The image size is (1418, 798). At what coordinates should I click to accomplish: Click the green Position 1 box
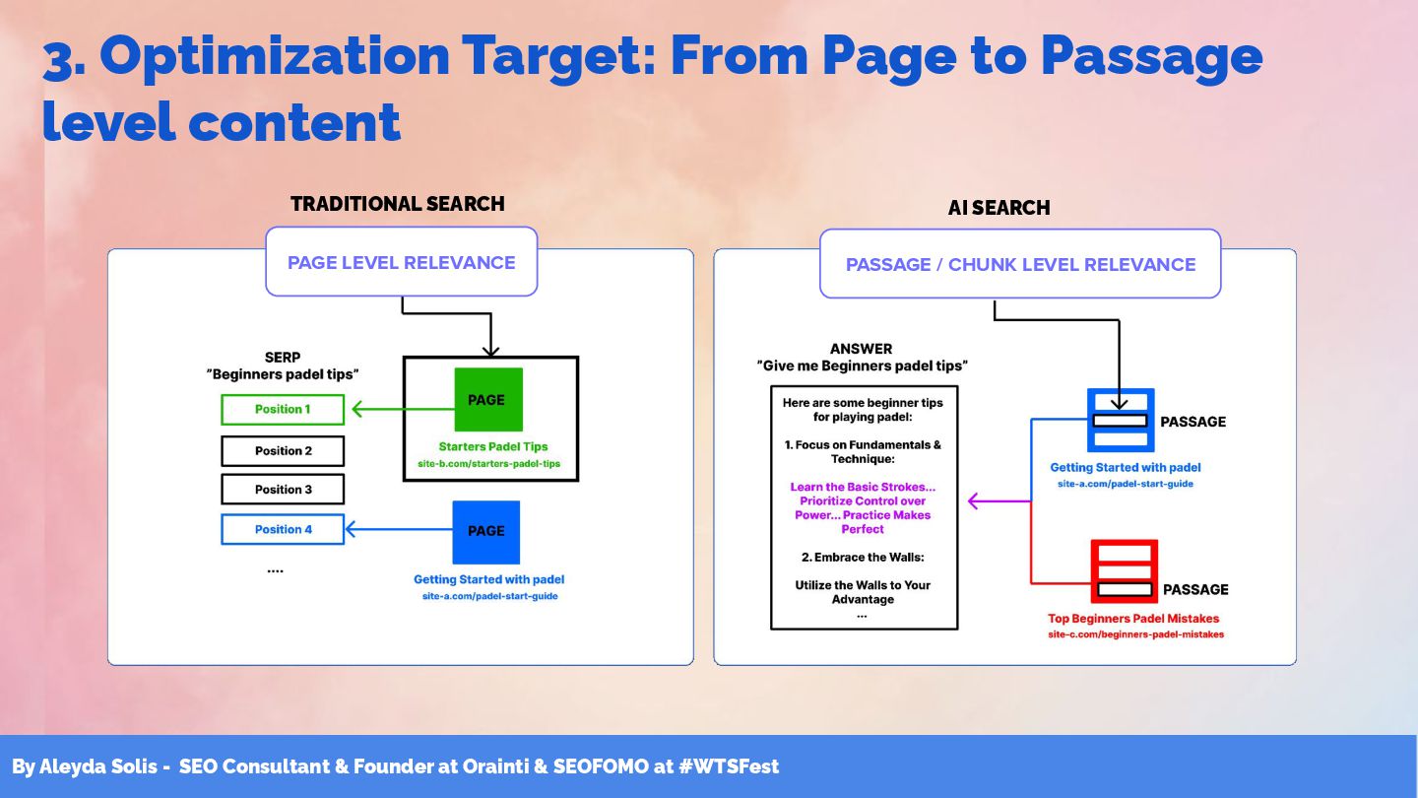(x=283, y=409)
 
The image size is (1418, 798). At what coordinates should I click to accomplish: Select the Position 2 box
(x=283, y=450)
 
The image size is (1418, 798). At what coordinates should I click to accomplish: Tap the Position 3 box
(x=283, y=489)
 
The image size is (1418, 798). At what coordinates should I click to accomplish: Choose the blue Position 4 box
(x=283, y=529)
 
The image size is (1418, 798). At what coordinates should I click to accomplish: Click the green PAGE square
(x=487, y=400)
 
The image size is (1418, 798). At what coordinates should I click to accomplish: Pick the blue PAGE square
(x=485, y=531)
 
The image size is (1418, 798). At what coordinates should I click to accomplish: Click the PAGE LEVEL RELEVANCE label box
(x=401, y=262)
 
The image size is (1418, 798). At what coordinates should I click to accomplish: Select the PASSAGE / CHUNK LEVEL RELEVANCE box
(x=1020, y=264)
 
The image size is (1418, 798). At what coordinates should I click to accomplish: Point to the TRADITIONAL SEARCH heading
(x=398, y=204)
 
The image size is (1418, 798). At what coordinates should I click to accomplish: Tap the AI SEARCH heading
(x=999, y=208)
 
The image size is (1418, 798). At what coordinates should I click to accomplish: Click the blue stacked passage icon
(x=1121, y=420)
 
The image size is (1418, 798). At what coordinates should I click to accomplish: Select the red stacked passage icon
(x=1124, y=570)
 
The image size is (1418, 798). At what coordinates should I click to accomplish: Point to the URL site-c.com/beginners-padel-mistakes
(x=1135, y=634)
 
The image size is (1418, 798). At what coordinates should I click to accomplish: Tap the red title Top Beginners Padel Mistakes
(x=1133, y=619)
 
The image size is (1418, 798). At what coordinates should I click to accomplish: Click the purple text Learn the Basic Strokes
(x=863, y=487)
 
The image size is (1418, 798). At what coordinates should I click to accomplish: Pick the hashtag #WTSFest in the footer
(x=728, y=766)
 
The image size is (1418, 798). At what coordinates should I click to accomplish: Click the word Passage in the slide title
(x=1150, y=57)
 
